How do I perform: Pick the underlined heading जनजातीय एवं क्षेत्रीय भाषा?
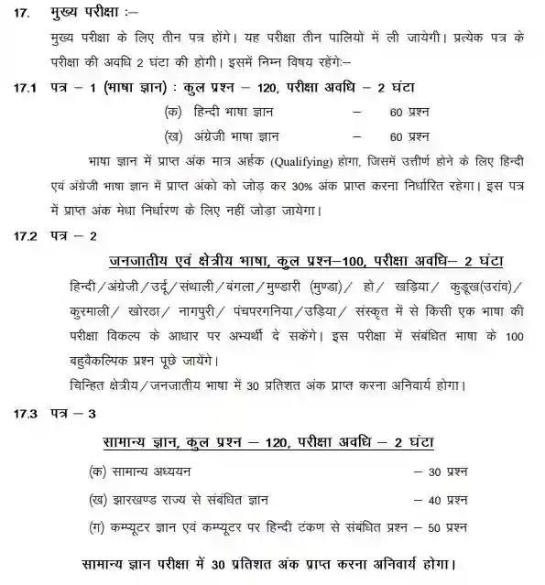coord(200,260)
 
